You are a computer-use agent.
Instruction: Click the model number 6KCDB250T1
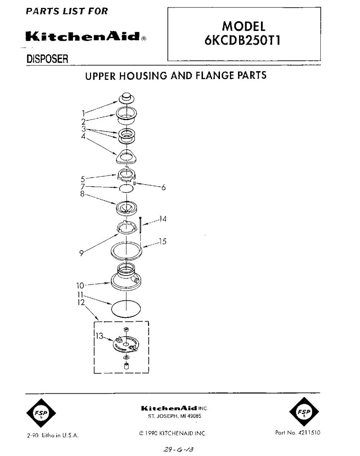242,40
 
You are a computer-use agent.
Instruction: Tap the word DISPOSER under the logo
47,59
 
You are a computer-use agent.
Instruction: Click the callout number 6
163,187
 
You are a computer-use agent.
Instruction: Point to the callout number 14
163,219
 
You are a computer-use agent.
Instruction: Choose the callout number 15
163,242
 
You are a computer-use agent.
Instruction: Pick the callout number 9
82,253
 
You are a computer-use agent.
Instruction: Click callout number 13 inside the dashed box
99,336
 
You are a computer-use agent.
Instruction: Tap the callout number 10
80,286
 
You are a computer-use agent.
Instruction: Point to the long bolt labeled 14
140,225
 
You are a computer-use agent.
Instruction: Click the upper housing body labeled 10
126,277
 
